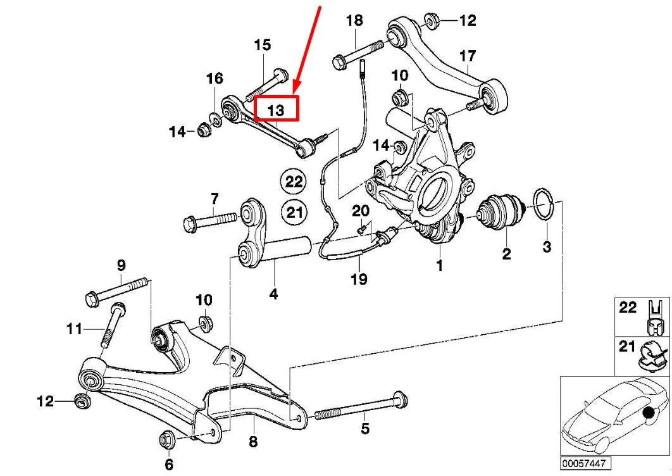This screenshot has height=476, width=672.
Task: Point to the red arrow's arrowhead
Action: coord(296,89)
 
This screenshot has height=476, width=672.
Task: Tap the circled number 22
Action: coord(294,182)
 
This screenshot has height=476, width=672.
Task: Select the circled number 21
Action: coord(294,211)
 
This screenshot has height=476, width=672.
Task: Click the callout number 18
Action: coord(354,20)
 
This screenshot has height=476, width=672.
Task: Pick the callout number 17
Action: coord(467,56)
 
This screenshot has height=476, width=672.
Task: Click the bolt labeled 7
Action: coord(211,223)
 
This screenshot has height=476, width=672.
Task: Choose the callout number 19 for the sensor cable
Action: coord(359,278)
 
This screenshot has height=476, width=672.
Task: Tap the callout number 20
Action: coord(360,210)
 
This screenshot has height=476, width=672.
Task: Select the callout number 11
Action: coord(75,329)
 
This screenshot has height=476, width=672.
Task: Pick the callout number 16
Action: coord(215,78)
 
